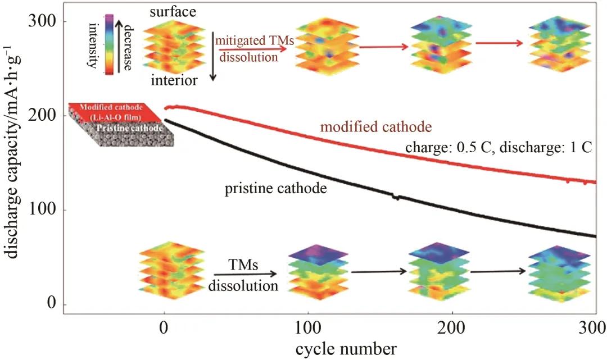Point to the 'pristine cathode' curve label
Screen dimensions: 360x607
276,188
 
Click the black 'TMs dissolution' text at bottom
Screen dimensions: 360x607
243,275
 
